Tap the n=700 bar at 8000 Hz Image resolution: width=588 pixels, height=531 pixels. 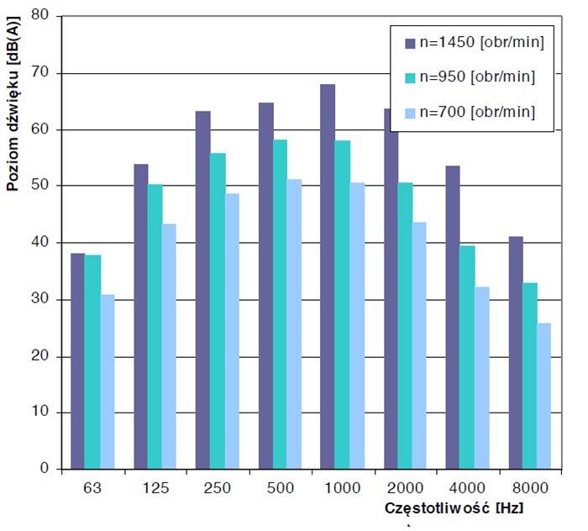544,396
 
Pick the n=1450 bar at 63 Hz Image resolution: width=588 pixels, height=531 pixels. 78,360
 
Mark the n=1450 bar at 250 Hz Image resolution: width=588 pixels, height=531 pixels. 202,290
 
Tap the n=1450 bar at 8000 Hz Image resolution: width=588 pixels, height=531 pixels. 516,352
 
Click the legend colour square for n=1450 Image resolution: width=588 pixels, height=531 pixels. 411,43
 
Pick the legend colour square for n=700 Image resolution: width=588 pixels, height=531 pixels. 411,112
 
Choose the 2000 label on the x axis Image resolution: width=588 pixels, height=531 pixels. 405,486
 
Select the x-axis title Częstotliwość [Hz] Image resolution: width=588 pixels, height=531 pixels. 456,509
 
